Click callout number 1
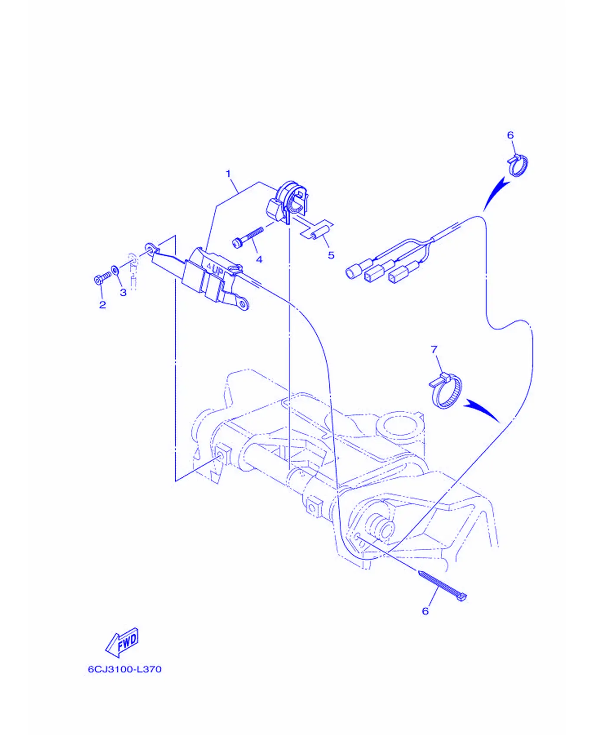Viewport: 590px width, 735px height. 228,174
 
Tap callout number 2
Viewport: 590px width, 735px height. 102,305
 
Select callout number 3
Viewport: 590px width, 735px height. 123,292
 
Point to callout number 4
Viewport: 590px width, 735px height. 259,259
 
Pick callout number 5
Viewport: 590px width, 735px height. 331,255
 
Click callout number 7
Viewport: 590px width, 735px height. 434,349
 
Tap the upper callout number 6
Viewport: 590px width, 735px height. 510,135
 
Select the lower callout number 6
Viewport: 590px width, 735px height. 425,611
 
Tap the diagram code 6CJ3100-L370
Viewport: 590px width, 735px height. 125,669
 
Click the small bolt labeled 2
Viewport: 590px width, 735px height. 102,277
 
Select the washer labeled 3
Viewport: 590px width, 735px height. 115,270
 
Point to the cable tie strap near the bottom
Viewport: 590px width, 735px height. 443,585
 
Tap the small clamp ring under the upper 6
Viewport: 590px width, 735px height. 518,165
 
